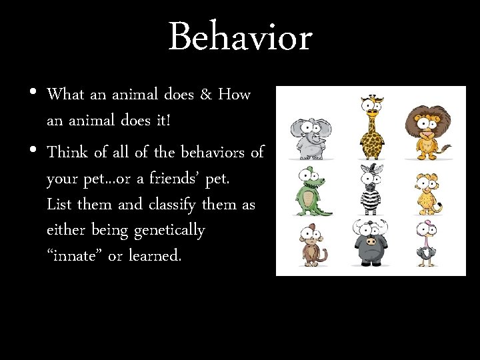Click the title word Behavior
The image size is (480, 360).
(x=240, y=37)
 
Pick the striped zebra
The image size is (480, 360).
(x=371, y=189)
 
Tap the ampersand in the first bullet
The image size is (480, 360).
(x=205, y=95)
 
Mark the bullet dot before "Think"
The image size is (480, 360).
(x=33, y=151)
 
